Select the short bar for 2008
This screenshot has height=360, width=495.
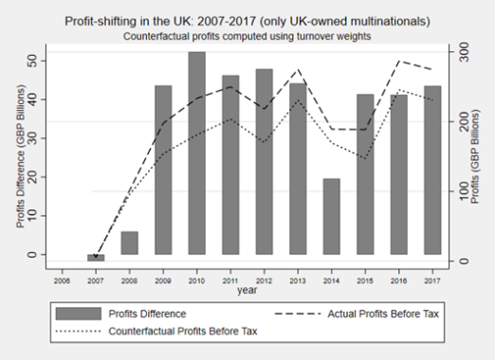point(129,243)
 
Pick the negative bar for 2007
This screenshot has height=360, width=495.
point(96,258)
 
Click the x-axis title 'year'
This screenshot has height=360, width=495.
point(247,291)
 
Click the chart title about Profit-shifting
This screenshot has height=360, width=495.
point(247,20)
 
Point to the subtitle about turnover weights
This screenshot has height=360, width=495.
point(247,35)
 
